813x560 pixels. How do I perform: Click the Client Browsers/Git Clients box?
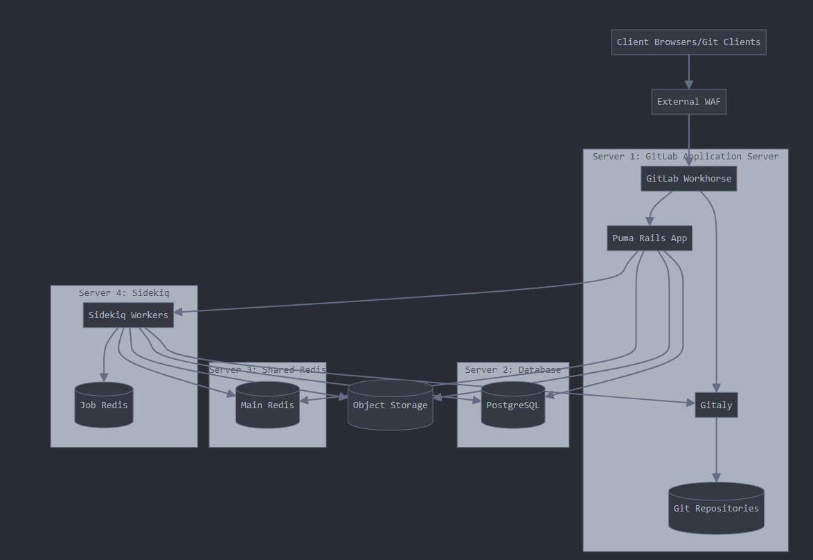pos(688,42)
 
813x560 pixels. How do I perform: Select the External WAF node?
pos(688,102)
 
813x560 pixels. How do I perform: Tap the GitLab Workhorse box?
pos(688,179)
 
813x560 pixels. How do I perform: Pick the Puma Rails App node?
pos(650,238)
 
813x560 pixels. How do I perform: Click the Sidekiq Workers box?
pos(128,315)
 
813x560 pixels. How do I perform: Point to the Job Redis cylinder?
pos(104,405)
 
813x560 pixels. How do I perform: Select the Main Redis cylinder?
pos(267,405)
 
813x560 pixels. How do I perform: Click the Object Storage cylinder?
pos(390,405)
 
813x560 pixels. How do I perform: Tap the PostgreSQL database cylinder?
pos(512,405)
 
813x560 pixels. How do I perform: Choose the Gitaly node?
pos(716,405)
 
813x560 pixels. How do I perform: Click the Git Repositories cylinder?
pos(716,508)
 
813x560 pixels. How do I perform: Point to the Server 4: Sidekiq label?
pos(124,293)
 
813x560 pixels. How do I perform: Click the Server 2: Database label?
pos(513,370)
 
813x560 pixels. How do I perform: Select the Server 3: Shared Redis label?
pos(267,370)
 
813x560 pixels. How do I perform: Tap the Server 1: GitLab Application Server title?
pos(686,157)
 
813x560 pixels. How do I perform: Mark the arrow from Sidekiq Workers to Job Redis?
pos(105,353)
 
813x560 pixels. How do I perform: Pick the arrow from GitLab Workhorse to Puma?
pos(658,206)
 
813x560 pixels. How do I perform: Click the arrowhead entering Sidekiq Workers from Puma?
pos(179,312)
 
